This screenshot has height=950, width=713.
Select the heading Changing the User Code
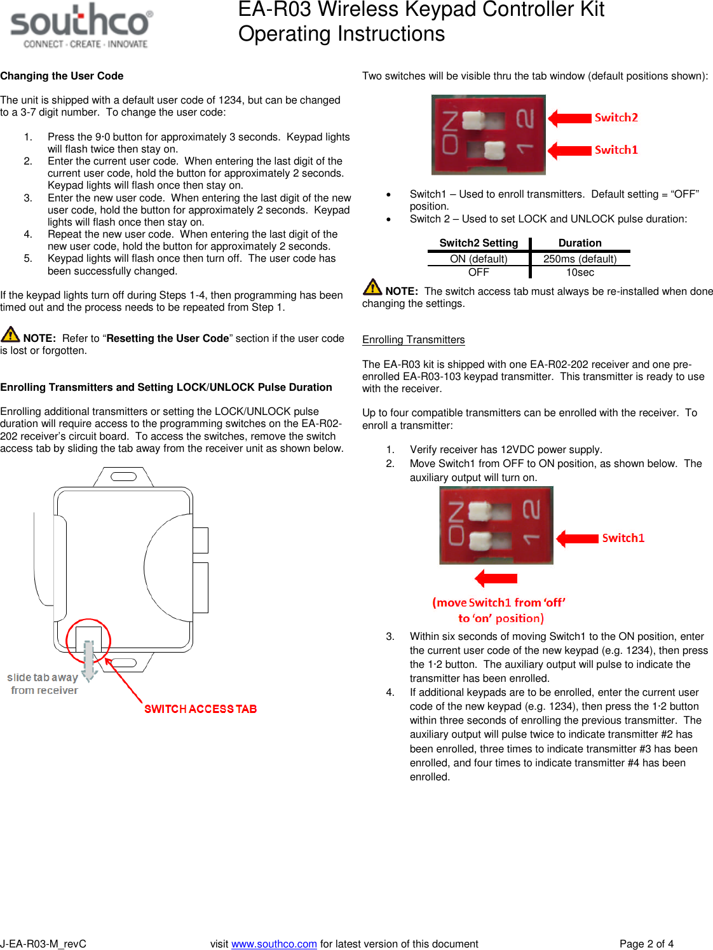[62, 76]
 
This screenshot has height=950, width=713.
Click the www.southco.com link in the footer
[274, 944]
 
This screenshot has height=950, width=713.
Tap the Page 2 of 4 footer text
[646, 944]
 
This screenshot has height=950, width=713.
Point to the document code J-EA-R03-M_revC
[43, 944]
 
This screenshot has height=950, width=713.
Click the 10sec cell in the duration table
[580, 272]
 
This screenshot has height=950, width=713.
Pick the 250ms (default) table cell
[580, 259]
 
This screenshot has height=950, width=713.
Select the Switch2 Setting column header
[479, 243]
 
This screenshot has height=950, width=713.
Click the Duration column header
[580, 243]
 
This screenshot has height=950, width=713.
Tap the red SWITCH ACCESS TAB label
[200, 709]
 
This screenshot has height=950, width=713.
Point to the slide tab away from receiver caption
[43, 684]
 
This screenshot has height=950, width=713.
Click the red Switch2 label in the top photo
[616, 118]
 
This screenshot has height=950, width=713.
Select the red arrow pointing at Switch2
[570, 118]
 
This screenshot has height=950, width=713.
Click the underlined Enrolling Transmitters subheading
[413, 339]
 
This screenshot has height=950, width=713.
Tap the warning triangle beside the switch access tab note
[372, 288]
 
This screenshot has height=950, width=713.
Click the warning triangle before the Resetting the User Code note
[10, 335]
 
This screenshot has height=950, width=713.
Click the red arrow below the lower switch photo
[496, 578]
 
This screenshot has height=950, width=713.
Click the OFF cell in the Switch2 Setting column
[479, 272]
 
